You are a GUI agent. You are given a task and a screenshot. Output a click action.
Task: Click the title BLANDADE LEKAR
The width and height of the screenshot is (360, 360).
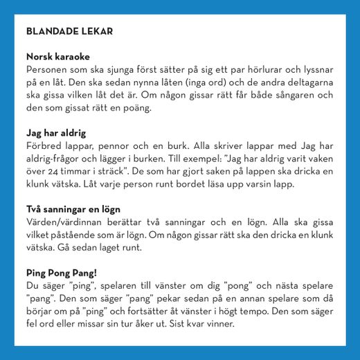(69, 31)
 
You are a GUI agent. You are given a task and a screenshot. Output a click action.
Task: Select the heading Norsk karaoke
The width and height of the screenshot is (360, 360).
(58, 57)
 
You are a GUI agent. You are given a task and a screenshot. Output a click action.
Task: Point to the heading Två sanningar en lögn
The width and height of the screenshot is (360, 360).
(73, 208)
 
